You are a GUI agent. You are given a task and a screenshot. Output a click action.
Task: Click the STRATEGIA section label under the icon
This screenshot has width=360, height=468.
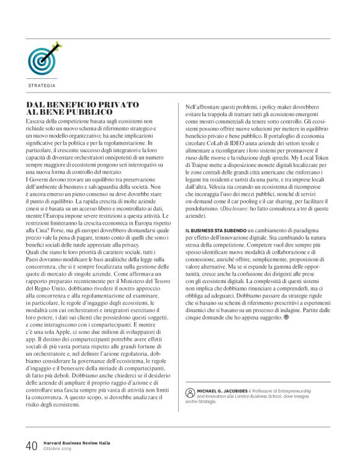tap(42, 85)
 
